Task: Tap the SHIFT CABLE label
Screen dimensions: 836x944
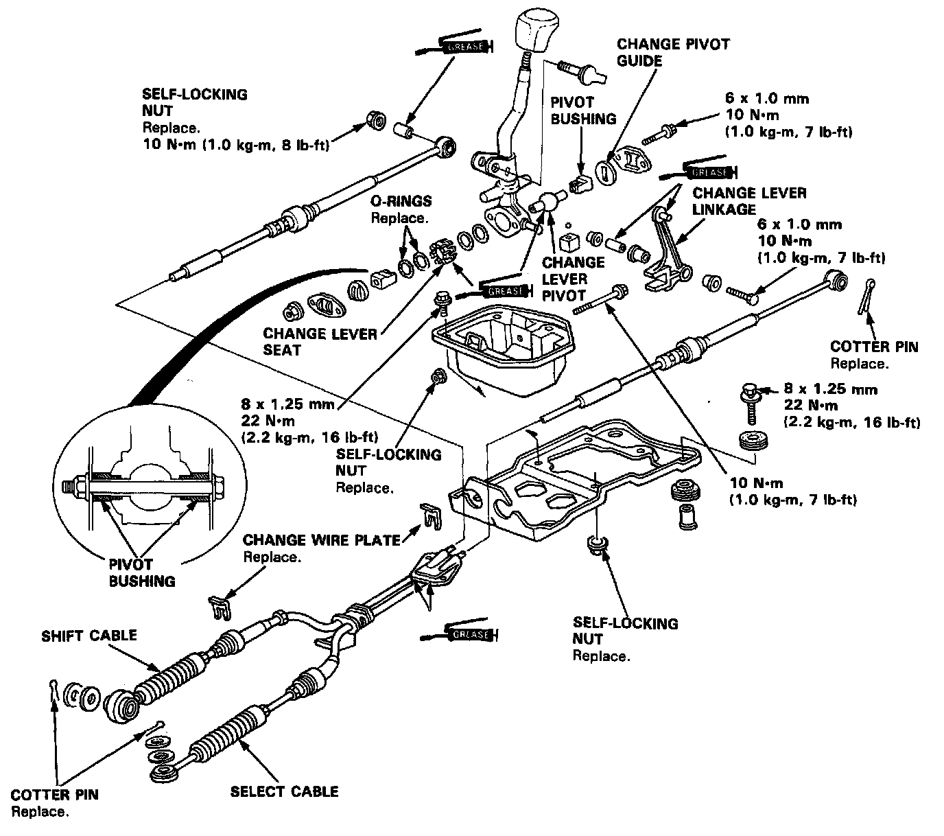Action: tap(89, 636)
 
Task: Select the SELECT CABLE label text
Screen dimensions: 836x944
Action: tap(284, 791)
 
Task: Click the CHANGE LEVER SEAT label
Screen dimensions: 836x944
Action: tap(320, 342)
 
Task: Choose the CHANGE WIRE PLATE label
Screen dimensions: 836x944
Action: tap(321, 540)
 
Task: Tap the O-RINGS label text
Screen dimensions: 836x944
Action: tap(401, 201)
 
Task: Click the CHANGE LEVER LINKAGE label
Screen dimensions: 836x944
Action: tap(749, 201)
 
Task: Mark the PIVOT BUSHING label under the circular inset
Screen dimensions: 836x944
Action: tap(142, 573)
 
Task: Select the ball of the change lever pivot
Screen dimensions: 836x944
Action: tap(548, 201)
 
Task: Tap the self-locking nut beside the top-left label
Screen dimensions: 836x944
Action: tap(375, 121)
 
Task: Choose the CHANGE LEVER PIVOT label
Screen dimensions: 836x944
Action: tap(564, 279)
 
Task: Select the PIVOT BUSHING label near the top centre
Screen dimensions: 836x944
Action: tap(583, 110)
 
